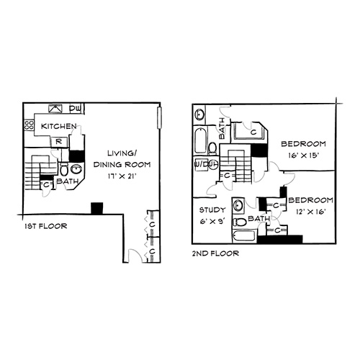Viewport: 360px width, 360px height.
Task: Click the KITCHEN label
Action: tap(59, 126)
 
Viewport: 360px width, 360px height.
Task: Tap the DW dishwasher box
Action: tap(76, 109)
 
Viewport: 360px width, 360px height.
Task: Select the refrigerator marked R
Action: tap(58, 142)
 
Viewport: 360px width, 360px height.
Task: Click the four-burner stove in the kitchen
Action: tap(30, 125)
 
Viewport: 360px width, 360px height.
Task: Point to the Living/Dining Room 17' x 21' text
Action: tap(122, 165)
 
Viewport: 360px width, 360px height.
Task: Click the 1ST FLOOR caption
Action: tap(45, 226)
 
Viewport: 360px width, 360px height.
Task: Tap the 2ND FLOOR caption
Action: tap(215, 253)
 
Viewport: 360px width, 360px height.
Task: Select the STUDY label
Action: tap(212, 210)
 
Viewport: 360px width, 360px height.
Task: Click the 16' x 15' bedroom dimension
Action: tap(303, 156)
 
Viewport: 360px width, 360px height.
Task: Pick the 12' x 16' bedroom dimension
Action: tap(310, 212)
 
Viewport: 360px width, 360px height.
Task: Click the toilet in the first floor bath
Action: tap(64, 169)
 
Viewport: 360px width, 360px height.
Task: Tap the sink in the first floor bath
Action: tap(76, 169)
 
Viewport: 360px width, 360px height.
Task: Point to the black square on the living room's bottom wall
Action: tap(97, 208)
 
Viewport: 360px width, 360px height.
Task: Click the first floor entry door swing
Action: tap(135, 256)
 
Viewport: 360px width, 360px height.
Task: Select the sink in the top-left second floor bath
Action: tap(199, 114)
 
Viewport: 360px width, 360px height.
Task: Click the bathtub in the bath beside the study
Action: tap(245, 236)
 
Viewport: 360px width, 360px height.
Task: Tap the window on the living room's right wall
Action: tap(159, 118)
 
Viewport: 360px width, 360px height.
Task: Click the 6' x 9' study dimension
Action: tap(212, 221)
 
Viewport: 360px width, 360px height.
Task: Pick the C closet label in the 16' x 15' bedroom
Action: tap(253, 132)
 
